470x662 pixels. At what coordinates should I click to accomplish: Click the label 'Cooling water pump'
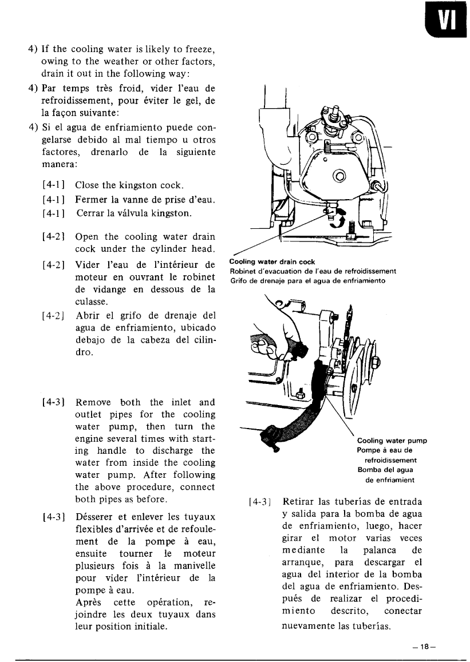[392, 441]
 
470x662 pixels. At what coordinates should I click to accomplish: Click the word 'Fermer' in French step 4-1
[92, 199]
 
